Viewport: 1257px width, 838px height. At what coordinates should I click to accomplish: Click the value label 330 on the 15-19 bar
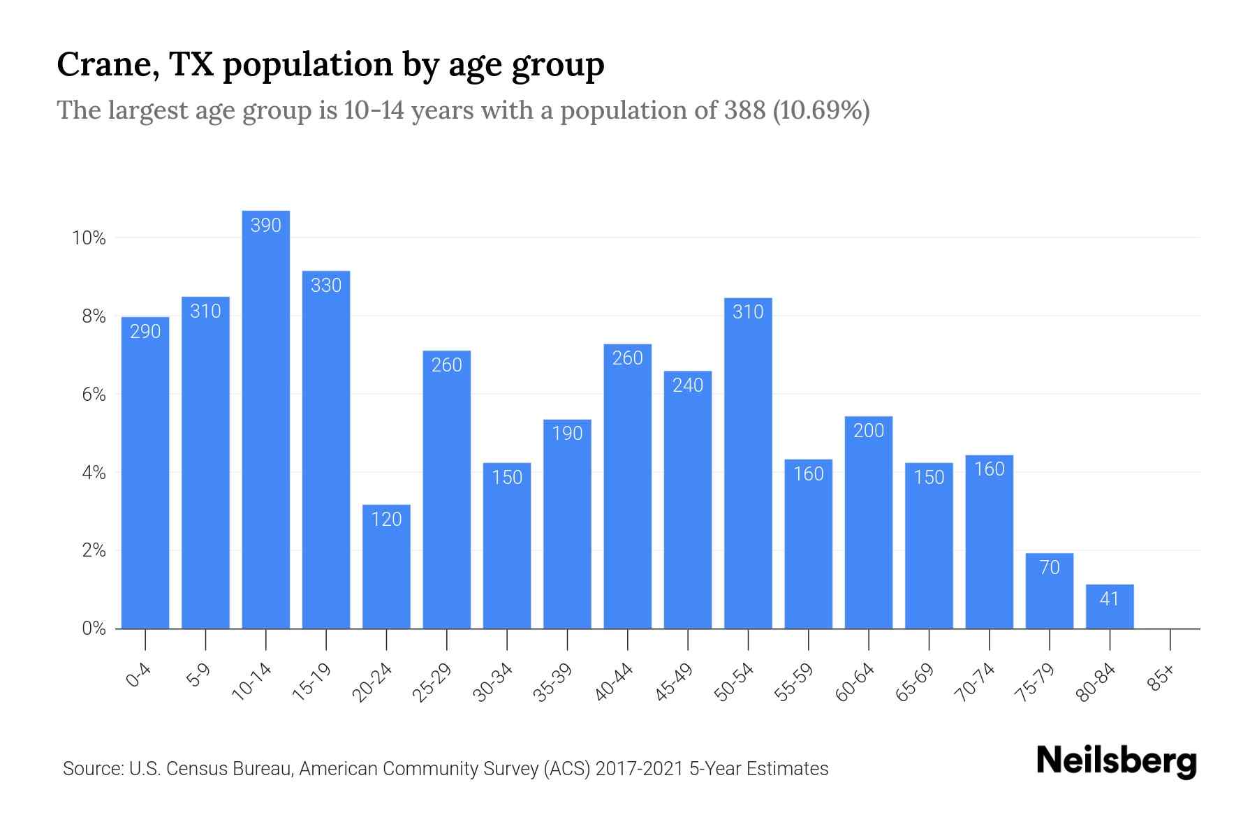click(326, 285)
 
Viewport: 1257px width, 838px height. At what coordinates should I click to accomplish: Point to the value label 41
click(1110, 599)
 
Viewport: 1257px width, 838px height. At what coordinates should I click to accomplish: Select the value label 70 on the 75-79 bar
click(1050, 567)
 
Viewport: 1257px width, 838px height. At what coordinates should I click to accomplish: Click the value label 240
click(688, 385)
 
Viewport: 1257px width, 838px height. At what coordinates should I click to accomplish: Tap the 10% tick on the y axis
click(89, 239)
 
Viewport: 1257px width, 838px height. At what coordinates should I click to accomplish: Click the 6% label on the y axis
click(94, 395)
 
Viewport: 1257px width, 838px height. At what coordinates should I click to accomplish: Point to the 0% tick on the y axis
click(94, 628)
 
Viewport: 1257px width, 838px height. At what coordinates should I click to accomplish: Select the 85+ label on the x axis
click(1161, 678)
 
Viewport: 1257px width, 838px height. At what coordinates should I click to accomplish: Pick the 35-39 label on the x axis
click(552, 682)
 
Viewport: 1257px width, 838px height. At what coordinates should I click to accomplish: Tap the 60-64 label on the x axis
click(854, 682)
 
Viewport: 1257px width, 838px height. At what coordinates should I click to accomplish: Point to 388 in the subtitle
click(744, 110)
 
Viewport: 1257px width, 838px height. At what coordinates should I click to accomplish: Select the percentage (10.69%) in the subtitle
click(821, 110)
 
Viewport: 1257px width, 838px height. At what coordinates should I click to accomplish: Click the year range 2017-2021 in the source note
click(639, 769)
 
